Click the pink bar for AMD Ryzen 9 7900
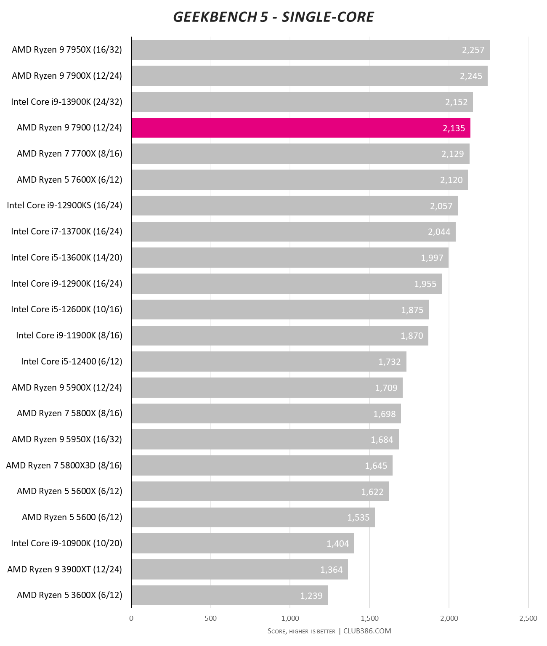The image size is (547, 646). pyautogui.click(x=300, y=128)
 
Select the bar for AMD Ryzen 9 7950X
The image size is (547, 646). pyautogui.click(x=310, y=50)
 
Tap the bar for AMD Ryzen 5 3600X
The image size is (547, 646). pyautogui.click(x=229, y=595)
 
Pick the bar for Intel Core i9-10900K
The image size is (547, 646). pyautogui.click(x=242, y=543)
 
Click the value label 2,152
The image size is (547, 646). pyautogui.click(x=456, y=102)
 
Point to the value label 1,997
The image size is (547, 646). pyautogui.click(x=432, y=258)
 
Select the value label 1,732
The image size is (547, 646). pyautogui.click(x=389, y=362)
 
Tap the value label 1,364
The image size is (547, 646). pyautogui.click(x=331, y=570)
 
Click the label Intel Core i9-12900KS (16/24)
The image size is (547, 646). pyautogui.click(x=64, y=205)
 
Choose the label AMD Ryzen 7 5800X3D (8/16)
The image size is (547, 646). pyautogui.click(x=64, y=465)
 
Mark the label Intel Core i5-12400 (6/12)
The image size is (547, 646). pyautogui.click(x=72, y=362)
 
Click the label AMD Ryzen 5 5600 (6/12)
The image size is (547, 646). pyautogui.click(x=72, y=517)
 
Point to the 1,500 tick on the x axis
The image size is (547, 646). pyautogui.click(x=369, y=618)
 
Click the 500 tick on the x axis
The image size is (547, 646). pyautogui.click(x=210, y=618)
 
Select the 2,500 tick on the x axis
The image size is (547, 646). pyautogui.click(x=528, y=618)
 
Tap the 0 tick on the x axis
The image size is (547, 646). pyautogui.click(x=131, y=618)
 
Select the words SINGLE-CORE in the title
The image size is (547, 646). pyautogui.click(x=327, y=17)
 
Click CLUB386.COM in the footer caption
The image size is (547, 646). pyautogui.click(x=367, y=631)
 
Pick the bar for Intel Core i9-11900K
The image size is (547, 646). pyautogui.click(x=279, y=336)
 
